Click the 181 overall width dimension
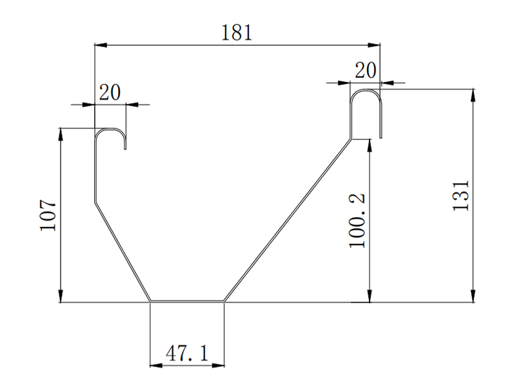[x=237, y=34]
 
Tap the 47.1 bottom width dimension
[x=186, y=353]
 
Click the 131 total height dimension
[x=460, y=195]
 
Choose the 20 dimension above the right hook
[x=366, y=70]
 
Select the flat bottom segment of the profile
[x=187, y=301]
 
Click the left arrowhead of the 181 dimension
[x=99, y=45]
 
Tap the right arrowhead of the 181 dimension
[x=375, y=45]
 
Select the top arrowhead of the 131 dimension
[x=475, y=94]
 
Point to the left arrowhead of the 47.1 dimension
[x=155, y=366]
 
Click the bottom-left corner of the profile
[x=150, y=301]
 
